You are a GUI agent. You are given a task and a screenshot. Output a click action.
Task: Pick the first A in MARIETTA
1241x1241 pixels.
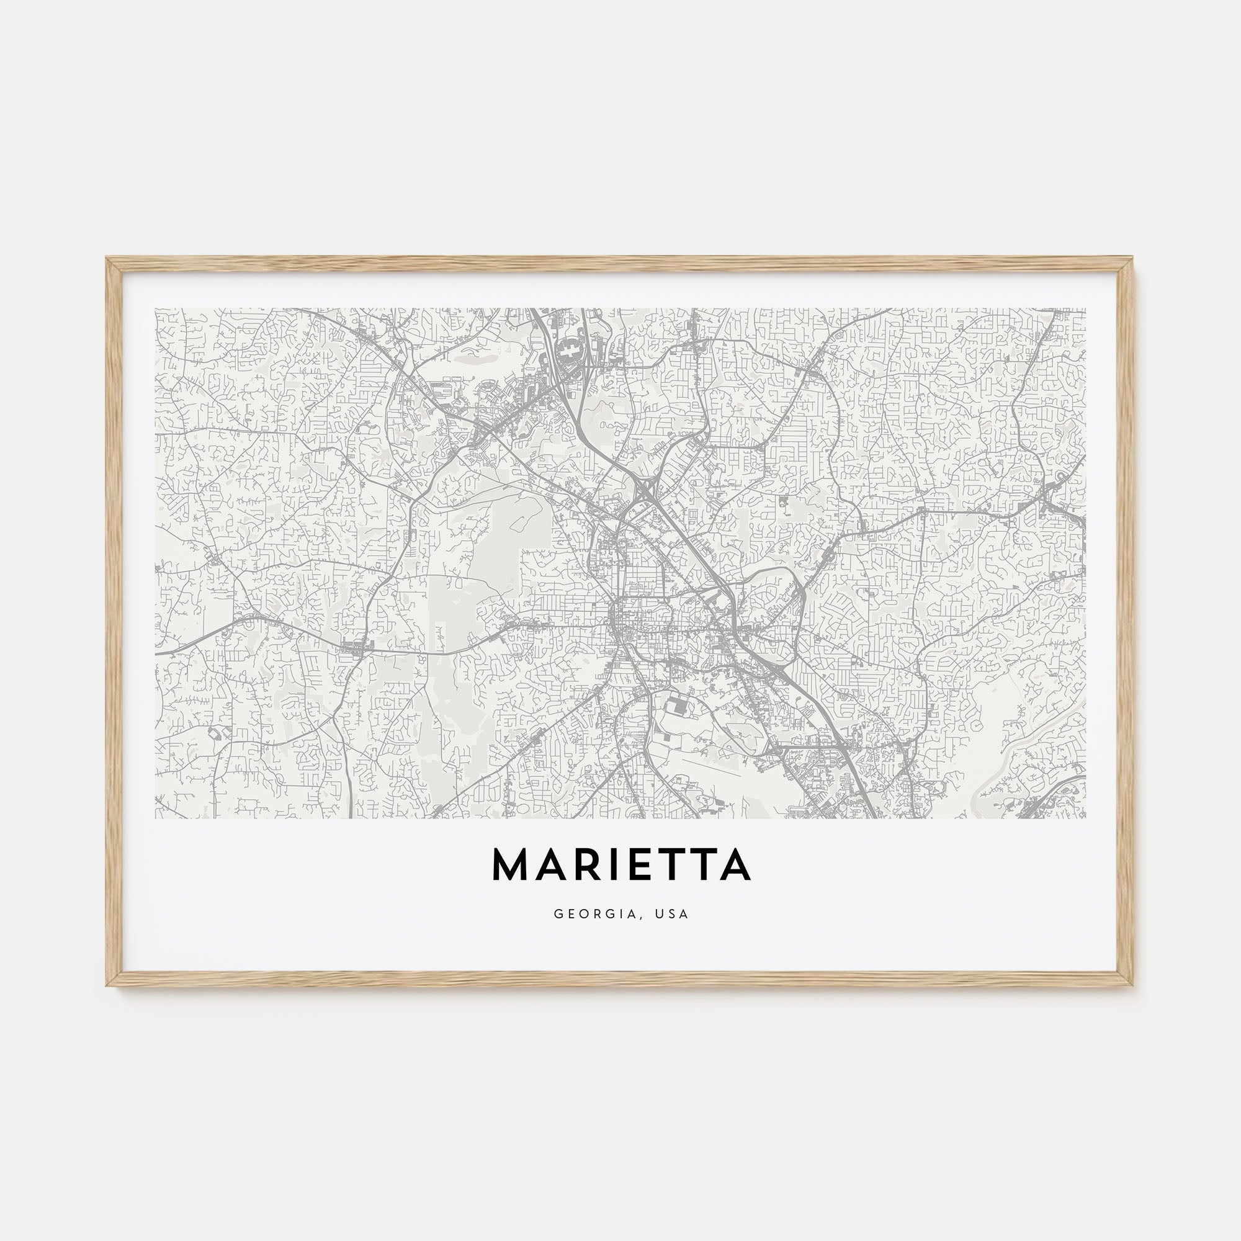547,865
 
